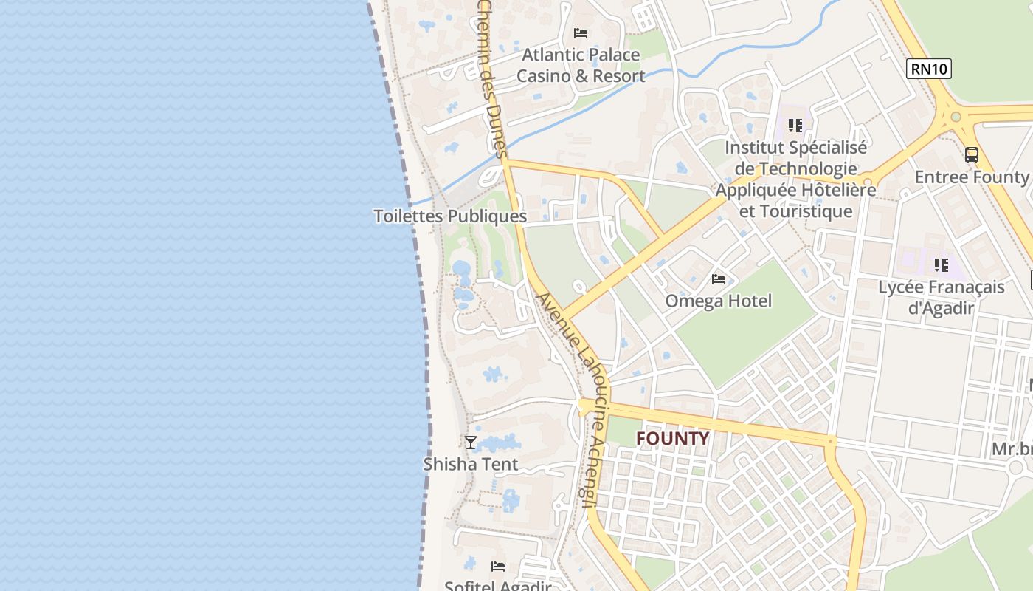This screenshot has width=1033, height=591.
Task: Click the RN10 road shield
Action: click(x=929, y=69)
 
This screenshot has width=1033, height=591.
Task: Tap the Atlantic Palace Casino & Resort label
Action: click(x=581, y=65)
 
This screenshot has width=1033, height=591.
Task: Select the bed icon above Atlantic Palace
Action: click(x=581, y=33)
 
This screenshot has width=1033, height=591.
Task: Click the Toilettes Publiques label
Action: click(x=450, y=216)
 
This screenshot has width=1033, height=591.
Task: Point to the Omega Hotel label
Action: click(x=718, y=301)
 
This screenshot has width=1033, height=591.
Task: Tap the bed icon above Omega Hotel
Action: click(x=719, y=279)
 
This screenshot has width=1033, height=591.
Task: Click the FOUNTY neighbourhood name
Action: click(x=672, y=438)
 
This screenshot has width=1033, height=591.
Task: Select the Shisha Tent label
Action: click(x=471, y=464)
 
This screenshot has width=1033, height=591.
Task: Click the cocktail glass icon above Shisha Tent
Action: click(x=471, y=442)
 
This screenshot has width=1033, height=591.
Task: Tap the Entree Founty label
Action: click(x=971, y=177)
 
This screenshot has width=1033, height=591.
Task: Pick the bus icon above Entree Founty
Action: click(x=972, y=155)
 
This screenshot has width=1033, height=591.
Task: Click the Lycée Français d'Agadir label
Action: click(x=942, y=297)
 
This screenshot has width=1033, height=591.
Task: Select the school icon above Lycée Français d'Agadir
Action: click(x=941, y=264)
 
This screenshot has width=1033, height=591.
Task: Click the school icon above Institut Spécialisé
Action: click(x=795, y=126)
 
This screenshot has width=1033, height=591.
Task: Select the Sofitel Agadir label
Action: click(x=498, y=586)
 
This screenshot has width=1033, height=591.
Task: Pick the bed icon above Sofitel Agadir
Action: click(x=498, y=567)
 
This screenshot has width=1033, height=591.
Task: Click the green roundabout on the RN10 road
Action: click(x=956, y=116)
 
